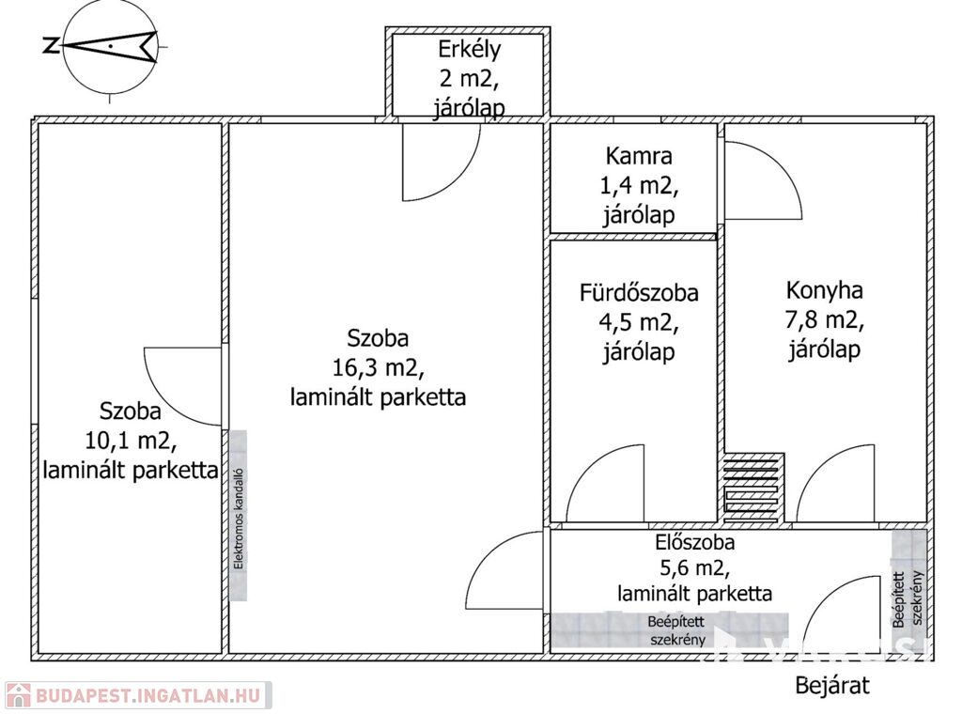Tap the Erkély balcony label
pyautogui.click(x=469, y=49)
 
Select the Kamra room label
pyautogui.click(x=639, y=156)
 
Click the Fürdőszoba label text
pyautogui.click(x=639, y=293)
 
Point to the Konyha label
pyautogui.click(x=825, y=291)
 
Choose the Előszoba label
pyautogui.click(x=695, y=542)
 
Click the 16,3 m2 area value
pyautogui.click(x=378, y=367)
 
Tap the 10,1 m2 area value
pyautogui.click(x=131, y=440)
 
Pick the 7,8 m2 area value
pyautogui.click(x=825, y=320)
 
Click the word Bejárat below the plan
pyautogui.click(x=832, y=685)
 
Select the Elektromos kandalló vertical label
pyautogui.click(x=239, y=519)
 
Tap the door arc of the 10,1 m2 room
pyautogui.click(x=183, y=385)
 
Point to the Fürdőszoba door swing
pyautogui.click(x=606, y=484)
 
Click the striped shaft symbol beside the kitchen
pyautogui.click(x=753, y=487)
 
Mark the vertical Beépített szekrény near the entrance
pyautogui.click(x=908, y=598)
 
